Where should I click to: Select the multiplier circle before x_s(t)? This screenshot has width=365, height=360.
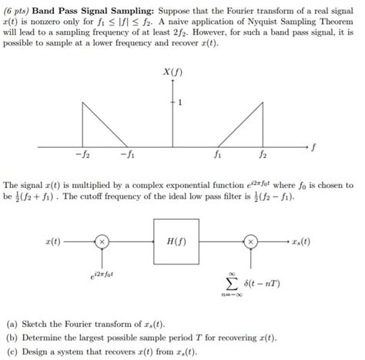tap(249, 241)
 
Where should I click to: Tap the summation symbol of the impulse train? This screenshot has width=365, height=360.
tap(231, 282)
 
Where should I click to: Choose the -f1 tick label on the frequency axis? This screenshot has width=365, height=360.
tap(126, 155)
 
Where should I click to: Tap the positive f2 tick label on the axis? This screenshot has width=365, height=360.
tap(263, 155)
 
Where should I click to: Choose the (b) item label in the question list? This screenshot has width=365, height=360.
tap(12, 337)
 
